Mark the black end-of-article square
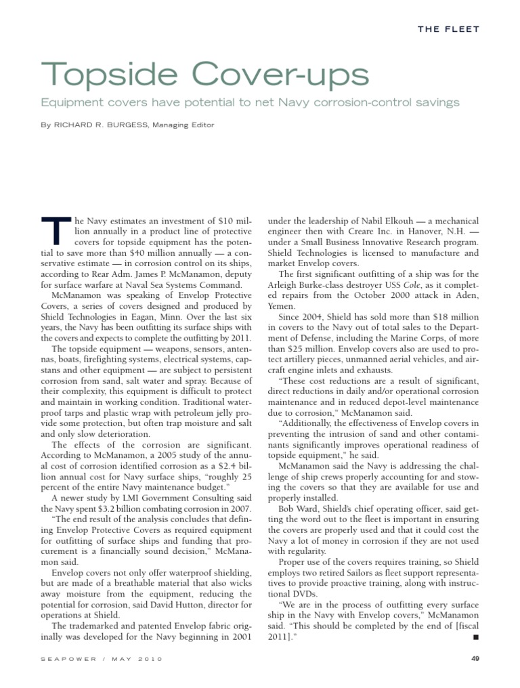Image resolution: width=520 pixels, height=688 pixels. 476,638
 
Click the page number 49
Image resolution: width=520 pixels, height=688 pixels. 474,658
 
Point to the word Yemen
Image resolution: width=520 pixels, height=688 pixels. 282,306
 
